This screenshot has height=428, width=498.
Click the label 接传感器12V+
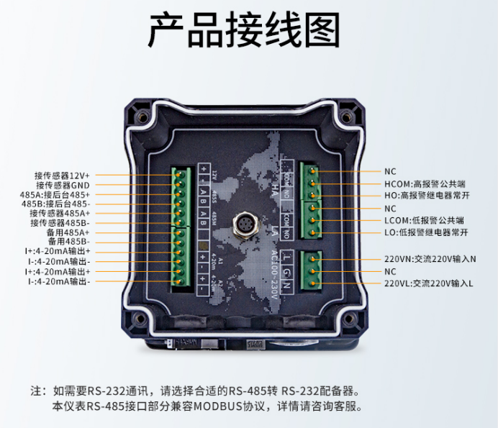tap(62, 175)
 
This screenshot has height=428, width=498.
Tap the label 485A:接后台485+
tap(55, 194)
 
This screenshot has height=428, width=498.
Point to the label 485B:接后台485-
tap(56, 204)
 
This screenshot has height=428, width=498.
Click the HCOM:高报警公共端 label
tap(425, 184)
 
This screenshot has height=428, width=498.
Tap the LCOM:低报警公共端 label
tap(424, 220)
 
